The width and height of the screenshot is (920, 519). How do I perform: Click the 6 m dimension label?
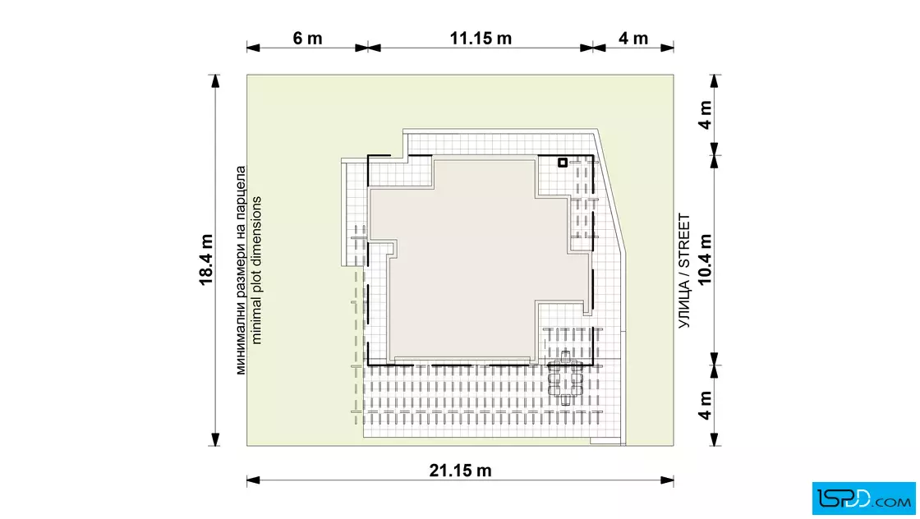pos(307,39)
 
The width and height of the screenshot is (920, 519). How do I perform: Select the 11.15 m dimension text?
pos(481,39)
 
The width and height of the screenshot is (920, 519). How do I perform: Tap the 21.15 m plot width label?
pos(460,471)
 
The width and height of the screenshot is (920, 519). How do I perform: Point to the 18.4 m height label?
pos(206,259)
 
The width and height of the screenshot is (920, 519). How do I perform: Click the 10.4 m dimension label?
pos(705,259)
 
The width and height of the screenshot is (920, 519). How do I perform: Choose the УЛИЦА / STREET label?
pos(684,271)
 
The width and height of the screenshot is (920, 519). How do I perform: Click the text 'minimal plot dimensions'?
pos(255,270)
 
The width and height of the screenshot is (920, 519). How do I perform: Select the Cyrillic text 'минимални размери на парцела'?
pos(241,270)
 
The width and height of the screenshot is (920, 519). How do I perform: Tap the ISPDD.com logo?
pos(863,498)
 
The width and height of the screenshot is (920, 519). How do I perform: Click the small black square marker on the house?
pos(562,163)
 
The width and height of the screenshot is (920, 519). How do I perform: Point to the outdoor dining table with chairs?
pos(565,379)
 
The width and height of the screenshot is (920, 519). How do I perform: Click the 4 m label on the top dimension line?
pos(633,39)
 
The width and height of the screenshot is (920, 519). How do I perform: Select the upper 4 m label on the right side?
pos(705,115)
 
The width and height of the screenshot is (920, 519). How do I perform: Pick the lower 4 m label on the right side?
pos(705,405)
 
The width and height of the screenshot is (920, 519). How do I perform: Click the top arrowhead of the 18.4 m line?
pos(215,81)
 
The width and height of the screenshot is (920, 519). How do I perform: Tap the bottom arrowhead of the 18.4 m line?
pos(215,439)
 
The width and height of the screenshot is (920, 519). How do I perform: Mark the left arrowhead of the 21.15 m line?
pos(253,481)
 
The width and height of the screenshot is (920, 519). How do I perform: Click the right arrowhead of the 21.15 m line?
pos(667,481)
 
